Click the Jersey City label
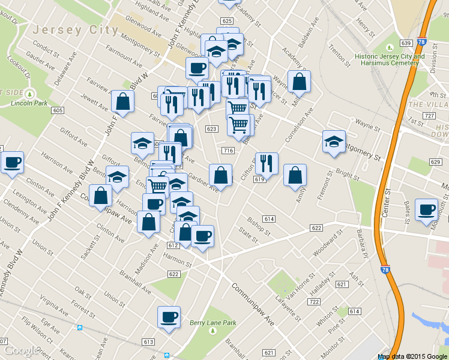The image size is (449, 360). (x=76, y=29)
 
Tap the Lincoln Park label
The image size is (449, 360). (x=28, y=103)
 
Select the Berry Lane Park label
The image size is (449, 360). (x=213, y=323)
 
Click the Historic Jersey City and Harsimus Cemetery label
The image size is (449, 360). (x=390, y=60)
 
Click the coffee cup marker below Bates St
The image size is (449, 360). (x=427, y=209)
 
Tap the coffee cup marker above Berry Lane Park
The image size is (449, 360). (x=169, y=317)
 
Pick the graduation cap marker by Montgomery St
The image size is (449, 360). (x=334, y=142)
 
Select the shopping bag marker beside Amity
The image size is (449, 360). (x=295, y=176)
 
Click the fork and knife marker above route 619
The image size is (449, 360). (x=267, y=163)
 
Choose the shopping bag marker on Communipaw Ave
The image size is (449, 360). (x=101, y=196)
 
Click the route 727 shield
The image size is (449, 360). (x=429, y=115)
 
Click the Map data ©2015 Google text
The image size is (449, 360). (x=412, y=356)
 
